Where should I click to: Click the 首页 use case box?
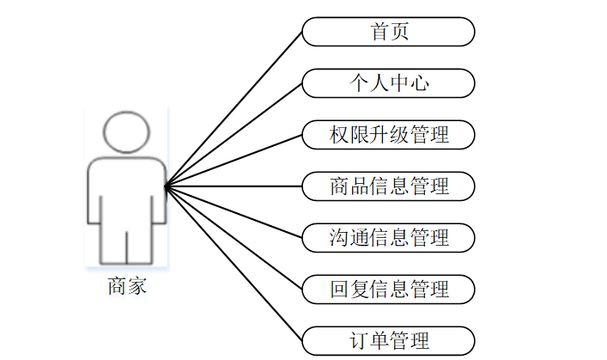point(388,32)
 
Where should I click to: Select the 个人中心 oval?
point(388,82)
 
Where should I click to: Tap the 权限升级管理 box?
point(388,134)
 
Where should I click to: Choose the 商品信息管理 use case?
point(388,185)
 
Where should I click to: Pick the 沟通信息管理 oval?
point(388,236)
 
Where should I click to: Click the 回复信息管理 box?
point(388,288)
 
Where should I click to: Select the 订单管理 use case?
point(388,339)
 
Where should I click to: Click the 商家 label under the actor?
point(127,285)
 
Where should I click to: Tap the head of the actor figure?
point(127,131)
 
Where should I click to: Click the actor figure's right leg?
point(143,241)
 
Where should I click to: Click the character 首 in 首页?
point(379,32)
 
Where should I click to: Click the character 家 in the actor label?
point(137,285)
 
